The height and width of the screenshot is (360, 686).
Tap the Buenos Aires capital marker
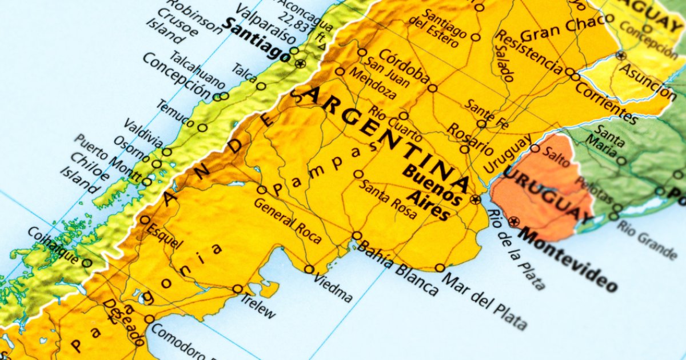pyautogui.click(x=476, y=199)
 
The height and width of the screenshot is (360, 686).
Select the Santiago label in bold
pyautogui.click(x=257, y=40)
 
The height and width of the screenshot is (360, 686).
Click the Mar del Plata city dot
pyautogui.click(x=440, y=267)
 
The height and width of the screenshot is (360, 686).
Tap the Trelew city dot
pyautogui.click(x=237, y=289)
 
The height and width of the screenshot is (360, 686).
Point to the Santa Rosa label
pyautogui.click(x=388, y=195)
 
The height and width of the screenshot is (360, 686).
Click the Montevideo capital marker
pyautogui.click(x=514, y=222)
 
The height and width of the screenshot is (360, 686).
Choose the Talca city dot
pyautogui.click(x=261, y=86)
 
